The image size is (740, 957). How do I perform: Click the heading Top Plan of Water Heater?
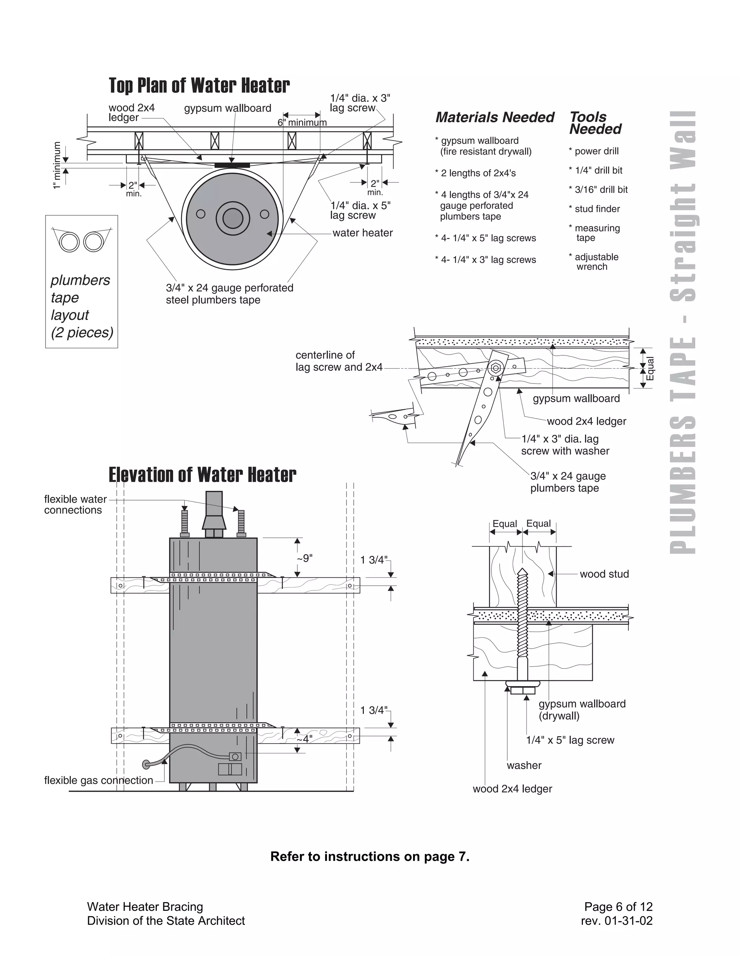coord(199,86)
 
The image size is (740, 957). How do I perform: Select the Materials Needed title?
coord(495,117)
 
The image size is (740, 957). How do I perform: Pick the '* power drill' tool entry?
coord(594,151)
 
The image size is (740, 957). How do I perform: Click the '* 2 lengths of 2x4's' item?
coord(475,173)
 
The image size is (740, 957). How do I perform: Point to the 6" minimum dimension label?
coord(302,123)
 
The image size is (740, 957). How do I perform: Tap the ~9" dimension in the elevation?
coord(304,558)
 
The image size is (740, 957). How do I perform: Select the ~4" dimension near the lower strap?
coord(304,739)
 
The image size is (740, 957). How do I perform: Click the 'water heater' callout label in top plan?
coord(362,233)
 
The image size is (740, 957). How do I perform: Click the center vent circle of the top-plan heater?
coord(233,218)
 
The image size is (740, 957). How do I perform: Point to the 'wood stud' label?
coord(604,574)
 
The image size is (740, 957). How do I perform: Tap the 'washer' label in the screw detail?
coord(524,766)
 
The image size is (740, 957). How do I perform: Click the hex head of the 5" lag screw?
coord(523,690)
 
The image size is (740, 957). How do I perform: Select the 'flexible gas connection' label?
coord(99,780)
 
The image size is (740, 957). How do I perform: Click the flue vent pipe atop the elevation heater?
coord(214,504)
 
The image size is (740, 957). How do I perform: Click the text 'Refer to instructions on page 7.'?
coord(370,857)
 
